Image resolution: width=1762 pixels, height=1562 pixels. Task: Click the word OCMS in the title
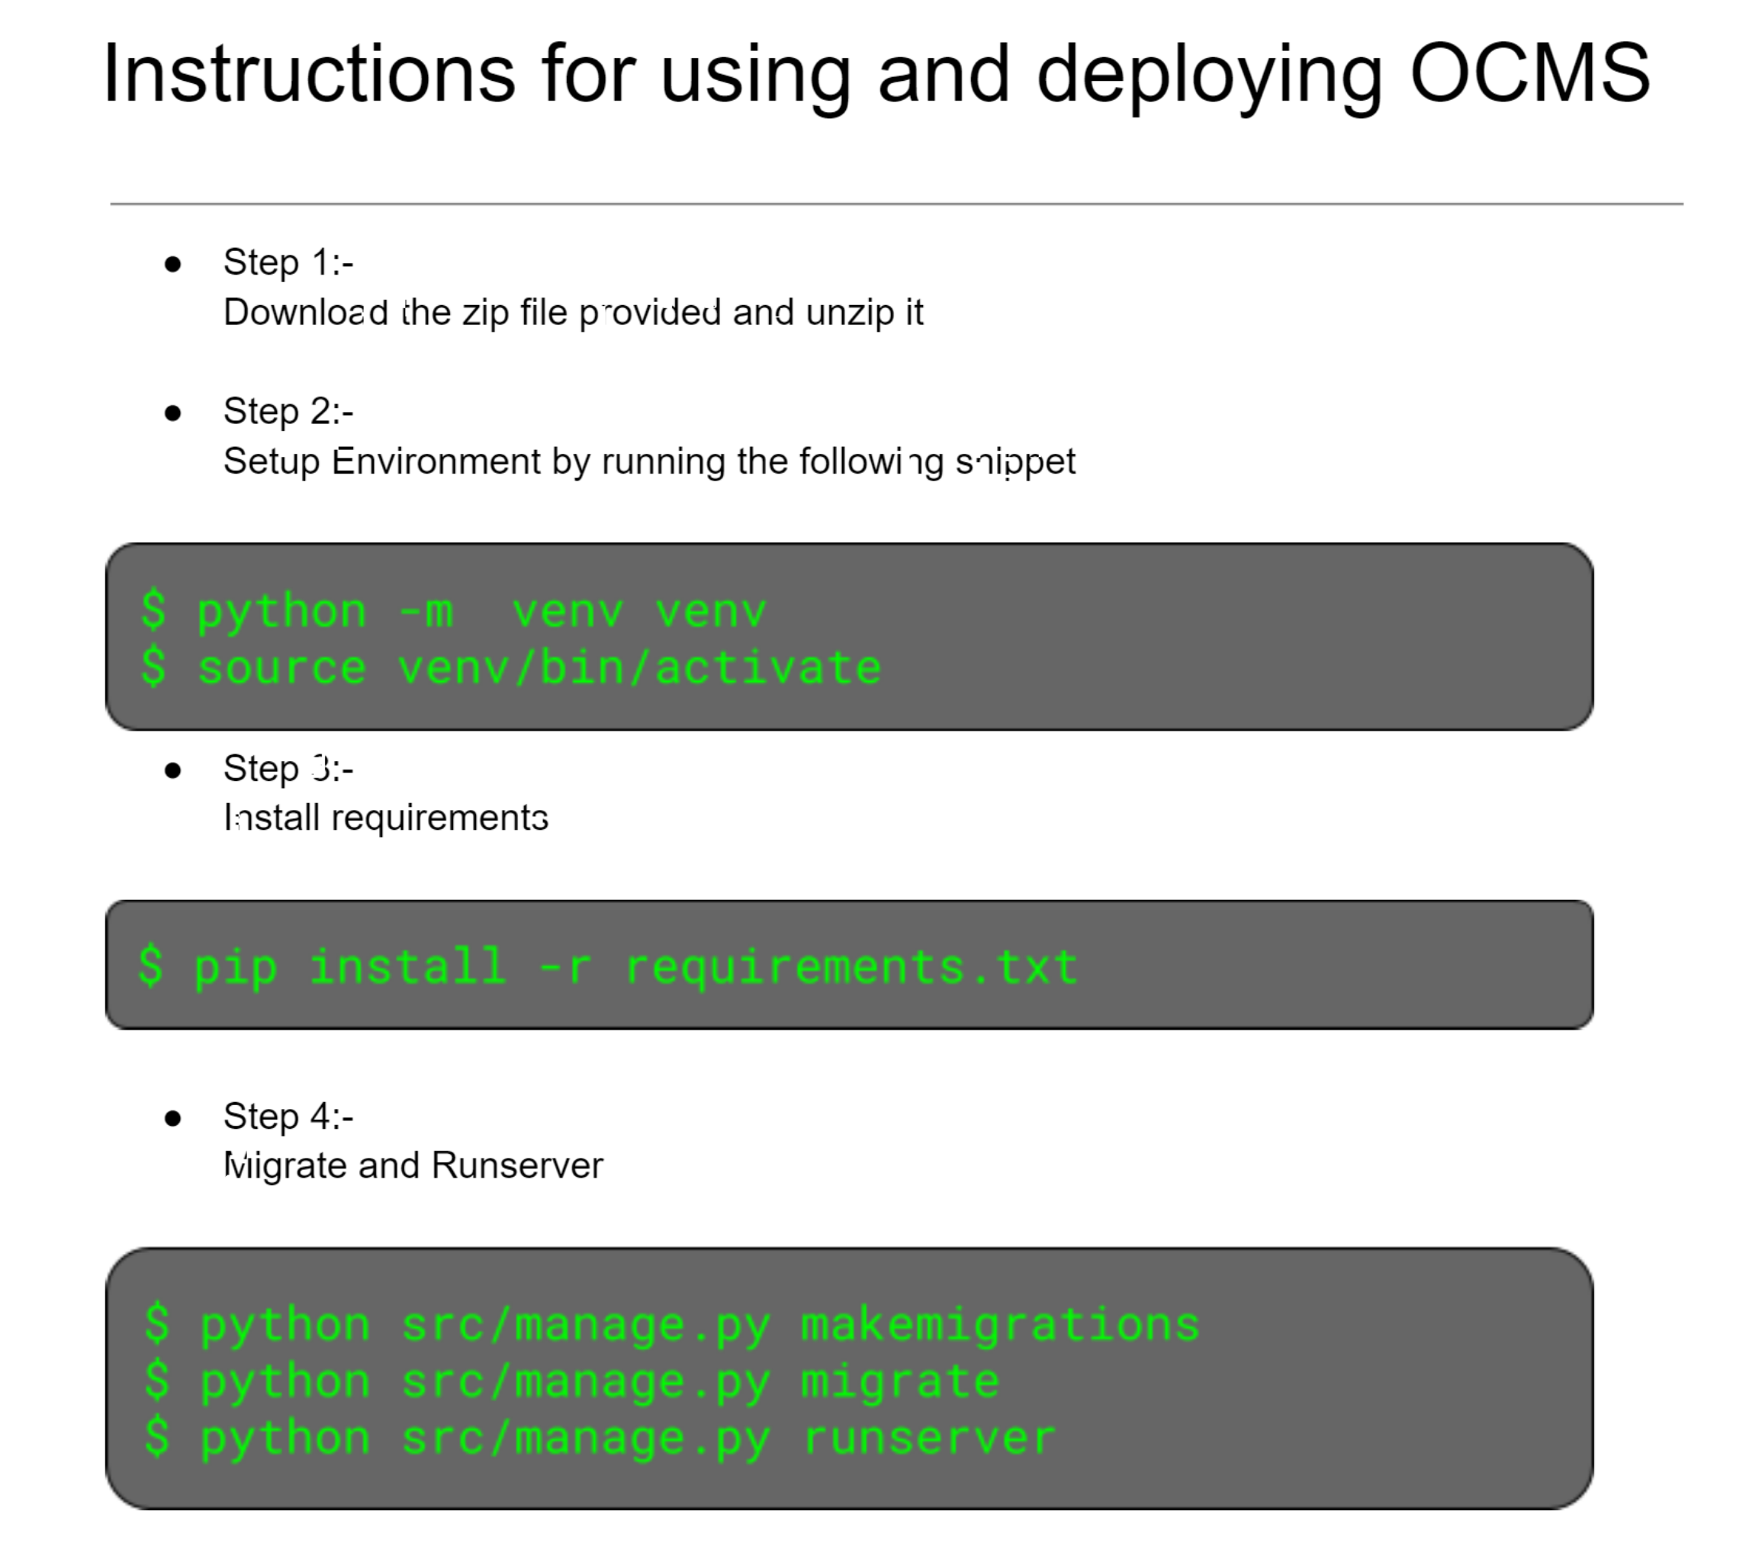click(x=1529, y=74)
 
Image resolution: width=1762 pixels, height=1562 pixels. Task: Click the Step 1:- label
click(x=288, y=263)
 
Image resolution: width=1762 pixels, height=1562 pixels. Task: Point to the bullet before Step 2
click(x=173, y=413)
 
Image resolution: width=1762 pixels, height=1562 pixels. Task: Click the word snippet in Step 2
click(x=1014, y=462)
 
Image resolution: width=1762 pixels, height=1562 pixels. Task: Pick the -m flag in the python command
click(x=426, y=612)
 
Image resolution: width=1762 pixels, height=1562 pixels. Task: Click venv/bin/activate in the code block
click(x=638, y=669)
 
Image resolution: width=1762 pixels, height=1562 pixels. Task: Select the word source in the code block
click(x=282, y=669)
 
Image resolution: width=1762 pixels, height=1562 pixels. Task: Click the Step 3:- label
click(x=288, y=768)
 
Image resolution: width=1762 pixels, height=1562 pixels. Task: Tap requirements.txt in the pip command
click(x=850, y=967)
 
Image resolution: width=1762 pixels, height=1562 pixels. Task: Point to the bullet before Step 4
click(x=173, y=1118)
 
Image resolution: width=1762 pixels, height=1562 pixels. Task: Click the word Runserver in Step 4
click(x=516, y=1166)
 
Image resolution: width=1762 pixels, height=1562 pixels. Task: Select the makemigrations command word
click(x=1000, y=1325)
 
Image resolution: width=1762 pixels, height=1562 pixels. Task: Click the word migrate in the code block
click(x=900, y=1382)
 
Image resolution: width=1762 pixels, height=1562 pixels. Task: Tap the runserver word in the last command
click(x=928, y=1438)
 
